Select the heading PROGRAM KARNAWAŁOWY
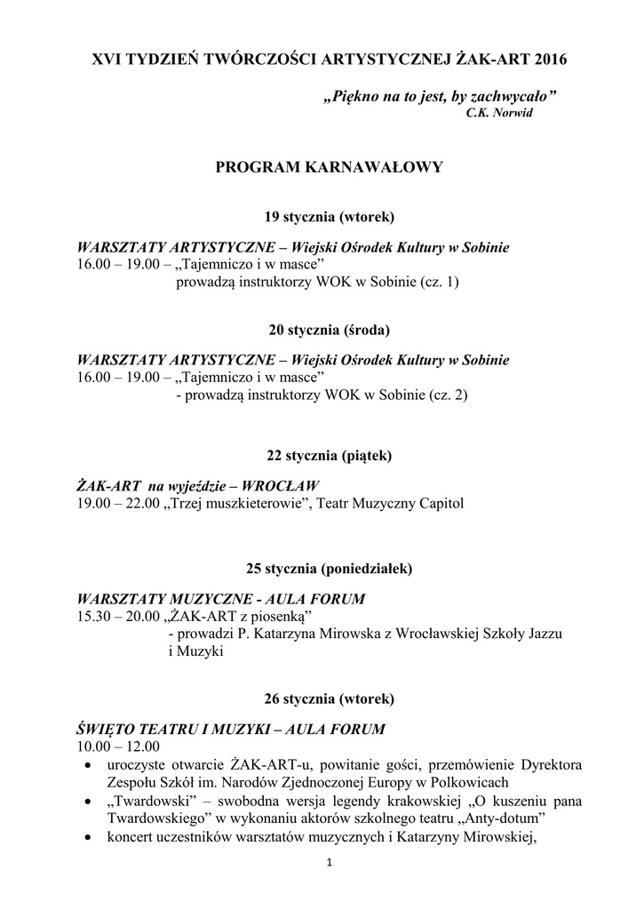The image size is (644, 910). click(x=329, y=167)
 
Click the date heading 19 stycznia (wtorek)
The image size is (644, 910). click(x=329, y=217)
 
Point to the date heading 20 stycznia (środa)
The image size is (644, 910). click(x=329, y=330)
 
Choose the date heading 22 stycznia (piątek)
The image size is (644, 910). click(x=329, y=455)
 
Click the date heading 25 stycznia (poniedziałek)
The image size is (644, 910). click(x=329, y=568)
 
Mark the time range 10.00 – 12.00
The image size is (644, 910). click(x=119, y=746)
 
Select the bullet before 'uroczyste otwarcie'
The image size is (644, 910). click(x=86, y=765)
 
